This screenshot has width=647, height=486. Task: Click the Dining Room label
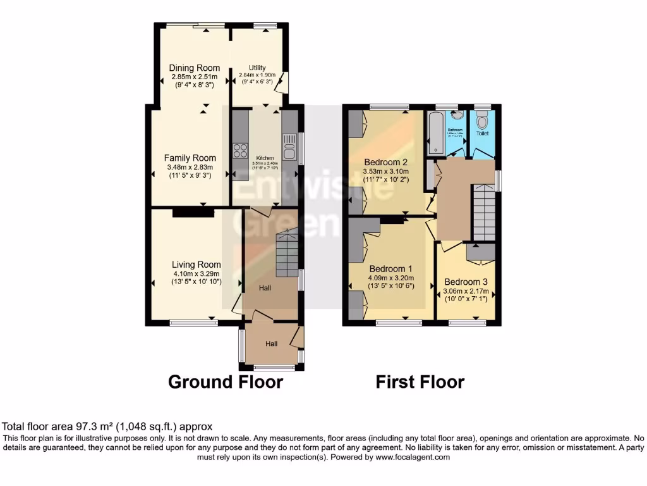(195, 68)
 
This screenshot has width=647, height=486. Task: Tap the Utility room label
(257, 68)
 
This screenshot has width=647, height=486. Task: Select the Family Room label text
(190, 158)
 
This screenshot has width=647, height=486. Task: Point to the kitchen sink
(290, 151)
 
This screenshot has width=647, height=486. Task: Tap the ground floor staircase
(286, 253)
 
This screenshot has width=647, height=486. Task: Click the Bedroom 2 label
(385, 162)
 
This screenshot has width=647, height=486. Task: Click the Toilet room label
(482, 134)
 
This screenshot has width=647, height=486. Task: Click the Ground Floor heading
(225, 382)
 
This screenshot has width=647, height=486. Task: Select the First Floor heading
(420, 382)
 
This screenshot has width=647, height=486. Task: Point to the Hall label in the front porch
(271, 344)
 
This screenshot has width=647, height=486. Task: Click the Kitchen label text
(265, 158)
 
